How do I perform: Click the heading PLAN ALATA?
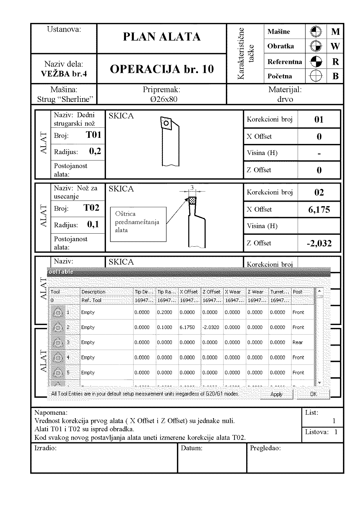pos(162,37)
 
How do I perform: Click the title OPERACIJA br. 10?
pos(162,69)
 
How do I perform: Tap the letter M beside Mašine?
pos(335,32)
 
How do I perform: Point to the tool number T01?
pos(93,135)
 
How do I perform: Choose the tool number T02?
pos(91,208)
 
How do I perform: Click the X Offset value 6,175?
pos(319,210)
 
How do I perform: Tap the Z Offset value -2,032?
pos(319,243)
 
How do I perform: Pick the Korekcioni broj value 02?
pos(319,192)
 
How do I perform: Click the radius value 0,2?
pos(95,151)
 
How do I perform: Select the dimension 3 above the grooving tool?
pos(192,187)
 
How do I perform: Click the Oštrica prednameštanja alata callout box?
pos(138,224)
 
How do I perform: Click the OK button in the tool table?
pos(313,394)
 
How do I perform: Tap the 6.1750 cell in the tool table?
pos(187,327)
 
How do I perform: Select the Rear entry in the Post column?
pos(298,342)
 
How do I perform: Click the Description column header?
pos(93,292)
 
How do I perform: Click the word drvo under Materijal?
pos(285,99)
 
